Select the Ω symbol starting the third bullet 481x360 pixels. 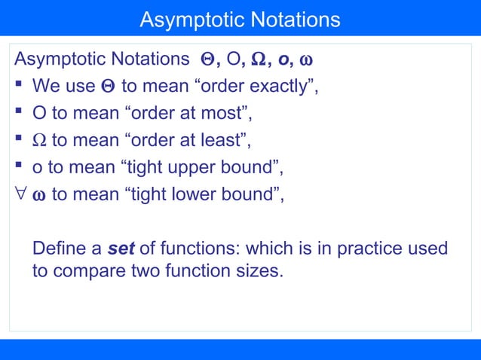(39, 141)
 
